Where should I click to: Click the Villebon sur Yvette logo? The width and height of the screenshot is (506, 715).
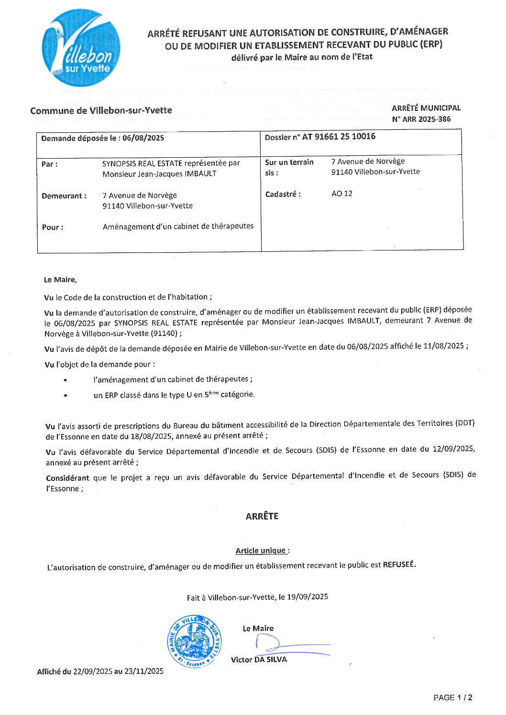81,48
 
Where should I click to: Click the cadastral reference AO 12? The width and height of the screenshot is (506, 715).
342,194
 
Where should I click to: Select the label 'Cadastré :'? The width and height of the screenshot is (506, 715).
283,194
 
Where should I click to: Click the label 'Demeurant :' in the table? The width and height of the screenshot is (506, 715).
64,196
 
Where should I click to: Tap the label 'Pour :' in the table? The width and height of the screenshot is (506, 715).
53,227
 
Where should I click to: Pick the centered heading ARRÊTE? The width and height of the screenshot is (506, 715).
262,516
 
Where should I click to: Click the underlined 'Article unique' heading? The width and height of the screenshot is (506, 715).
262,551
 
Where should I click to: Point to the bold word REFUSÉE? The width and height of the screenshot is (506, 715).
399,564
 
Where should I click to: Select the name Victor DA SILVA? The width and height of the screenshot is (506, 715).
259,660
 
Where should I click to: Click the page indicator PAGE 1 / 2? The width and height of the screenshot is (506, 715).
453,698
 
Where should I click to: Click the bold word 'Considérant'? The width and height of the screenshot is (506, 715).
67,478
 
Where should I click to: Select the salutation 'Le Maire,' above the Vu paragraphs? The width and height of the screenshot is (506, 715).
60,280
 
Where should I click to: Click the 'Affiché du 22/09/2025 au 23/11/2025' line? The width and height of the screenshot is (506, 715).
100,672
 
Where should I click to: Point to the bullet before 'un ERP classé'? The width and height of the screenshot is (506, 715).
65,396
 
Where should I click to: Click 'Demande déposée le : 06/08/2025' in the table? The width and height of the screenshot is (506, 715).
103,138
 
